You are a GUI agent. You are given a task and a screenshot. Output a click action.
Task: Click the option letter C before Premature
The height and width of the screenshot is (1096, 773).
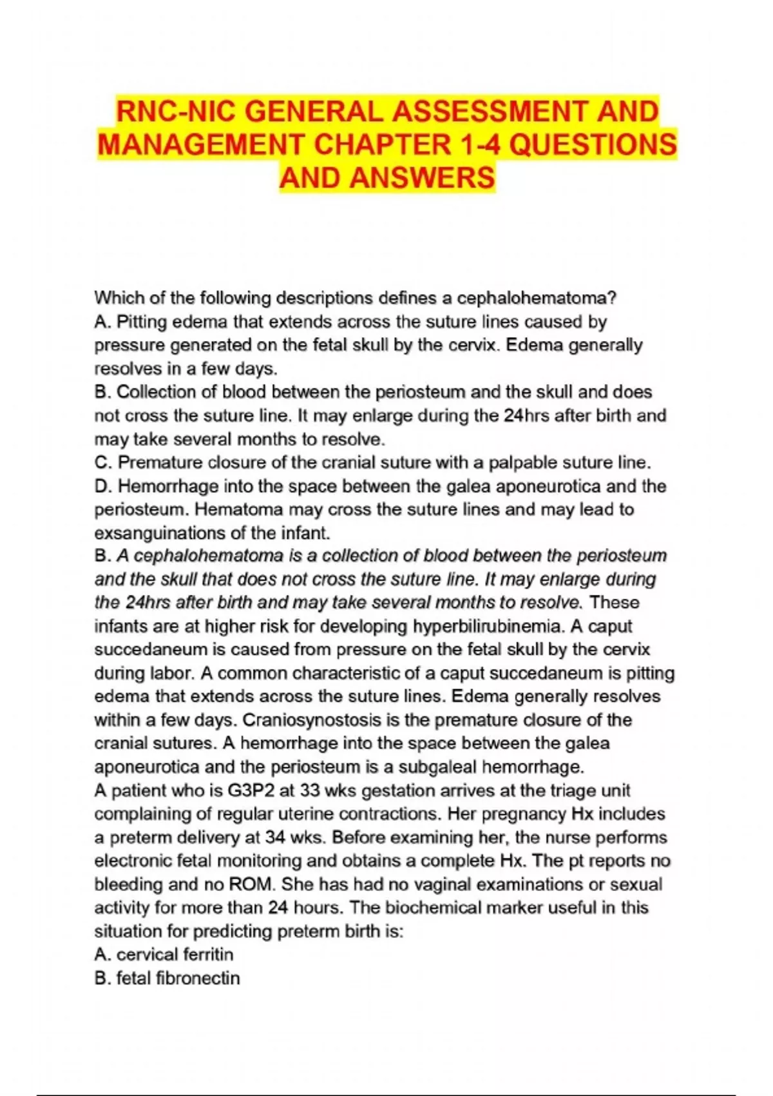(100, 462)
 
